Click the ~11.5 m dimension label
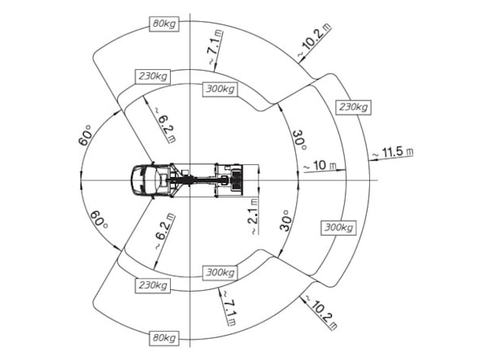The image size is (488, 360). point(393,152)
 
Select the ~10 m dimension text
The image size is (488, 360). point(320,166)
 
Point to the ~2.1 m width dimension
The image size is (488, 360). point(253,217)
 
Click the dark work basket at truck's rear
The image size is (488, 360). point(237,180)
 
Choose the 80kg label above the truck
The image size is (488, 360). point(164,24)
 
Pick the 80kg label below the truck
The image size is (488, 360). point(164,338)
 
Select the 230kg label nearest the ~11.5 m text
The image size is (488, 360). point(354,107)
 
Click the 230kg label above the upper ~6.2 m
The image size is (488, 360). point(153,76)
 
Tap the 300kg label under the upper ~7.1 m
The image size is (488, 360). point(220,89)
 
